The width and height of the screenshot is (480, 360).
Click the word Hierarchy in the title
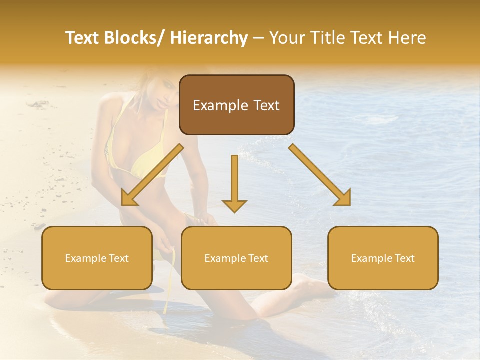[x=209, y=38]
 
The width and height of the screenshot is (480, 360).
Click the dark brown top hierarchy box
[x=236, y=105]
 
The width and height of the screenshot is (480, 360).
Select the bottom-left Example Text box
[x=97, y=258]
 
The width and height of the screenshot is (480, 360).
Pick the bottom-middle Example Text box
[x=236, y=258]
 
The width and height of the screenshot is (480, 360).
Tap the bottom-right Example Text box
[x=383, y=258]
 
